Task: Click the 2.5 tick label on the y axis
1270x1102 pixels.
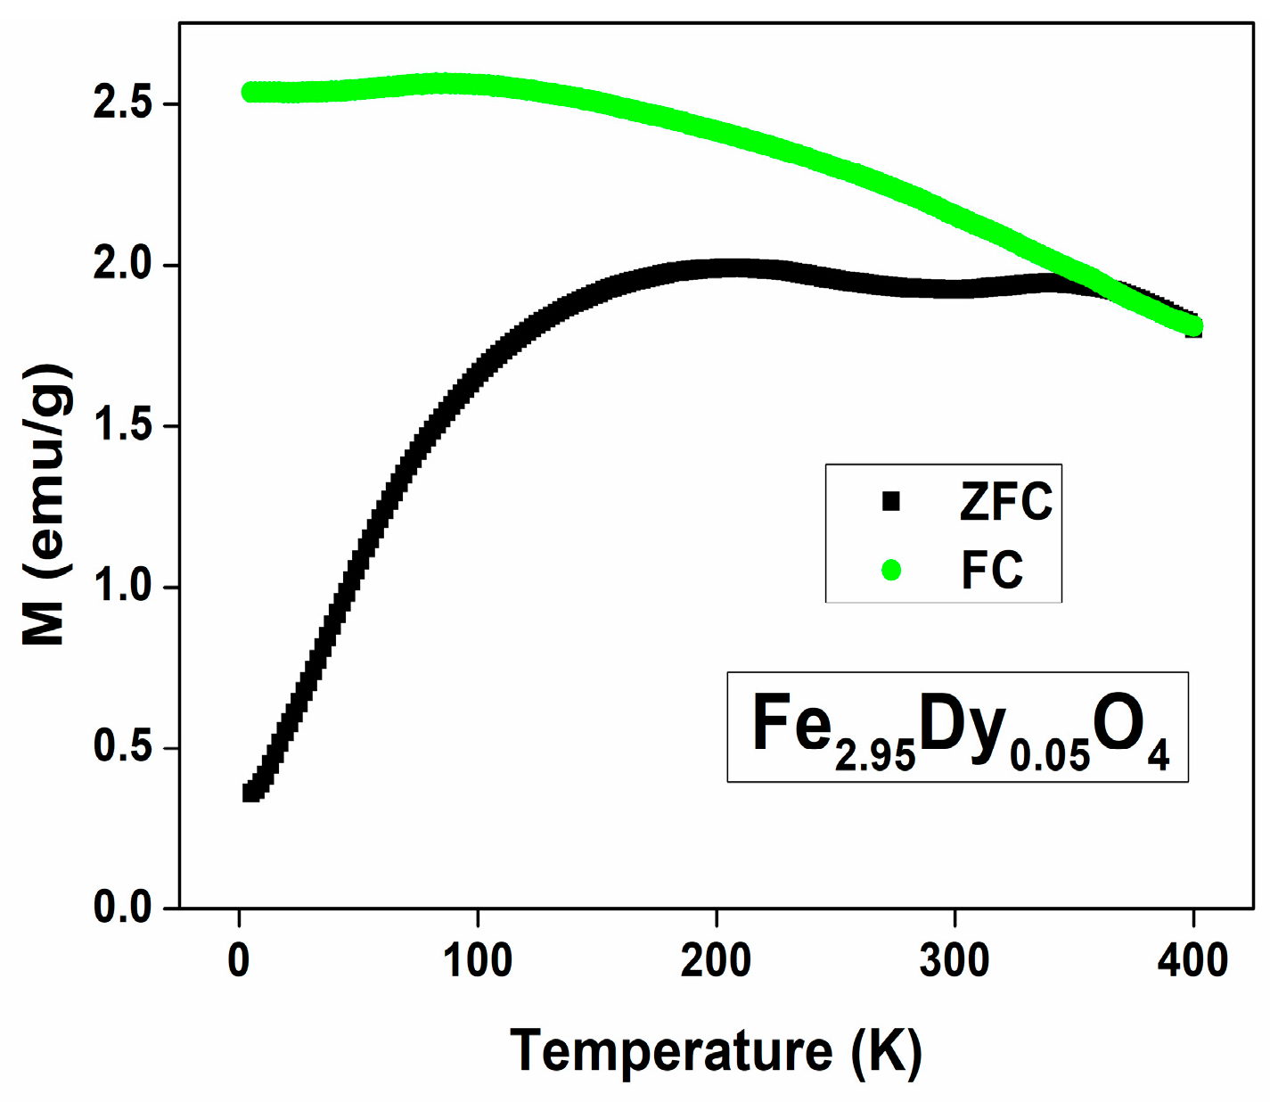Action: click(x=123, y=103)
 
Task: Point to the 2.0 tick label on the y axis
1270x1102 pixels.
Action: click(x=123, y=265)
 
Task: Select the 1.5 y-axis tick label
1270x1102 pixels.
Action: click(x=123, y=426)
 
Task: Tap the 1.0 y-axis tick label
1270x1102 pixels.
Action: click(x=123, y=587)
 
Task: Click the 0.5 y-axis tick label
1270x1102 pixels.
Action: click(x=123, y=747)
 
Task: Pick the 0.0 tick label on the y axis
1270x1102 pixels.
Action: click(x=123, y=908)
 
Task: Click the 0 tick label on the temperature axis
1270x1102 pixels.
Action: click(x=239, y=960)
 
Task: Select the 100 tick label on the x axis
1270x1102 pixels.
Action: click(x=478, y=960)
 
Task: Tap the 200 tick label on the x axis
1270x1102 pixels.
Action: click(x=716, y=960)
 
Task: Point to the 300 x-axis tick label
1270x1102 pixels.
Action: click(x=955, y=960)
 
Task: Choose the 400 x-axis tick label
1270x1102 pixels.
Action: click(x=1193, y=960)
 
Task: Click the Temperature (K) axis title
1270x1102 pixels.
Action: click(x=716, y=1051)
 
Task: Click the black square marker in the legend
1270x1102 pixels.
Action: click(x=890, y=501)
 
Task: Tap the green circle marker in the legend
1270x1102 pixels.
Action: click(x=890, y=570)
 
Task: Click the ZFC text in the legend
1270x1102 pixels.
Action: click(x=1005, y=501)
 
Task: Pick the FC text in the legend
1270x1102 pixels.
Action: click(x=991, y=570)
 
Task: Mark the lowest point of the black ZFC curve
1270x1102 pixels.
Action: click(x=250, y=793)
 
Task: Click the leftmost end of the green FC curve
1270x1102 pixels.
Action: click(x=249, y=93)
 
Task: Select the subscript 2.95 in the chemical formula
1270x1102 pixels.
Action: click(x=875, y=756)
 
